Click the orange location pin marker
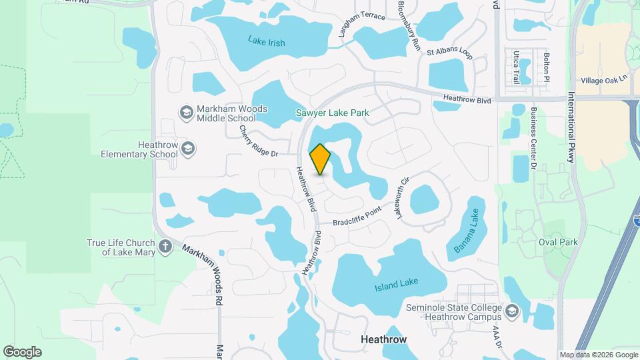[x=321, y=159]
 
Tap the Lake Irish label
[x=267, y=42]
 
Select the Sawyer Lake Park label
[x=332, y=113]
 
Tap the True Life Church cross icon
[x=165, y=247]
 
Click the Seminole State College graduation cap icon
[x=512, y=311]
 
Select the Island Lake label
[x=396, y=285]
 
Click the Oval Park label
[x=558, y=242]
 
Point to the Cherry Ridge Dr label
[x=258, y=142]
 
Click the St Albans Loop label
[x=449, y=53]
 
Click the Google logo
[x=22, y=352]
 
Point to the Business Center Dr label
[x=534, y=136]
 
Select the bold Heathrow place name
[x=383, y=339]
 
